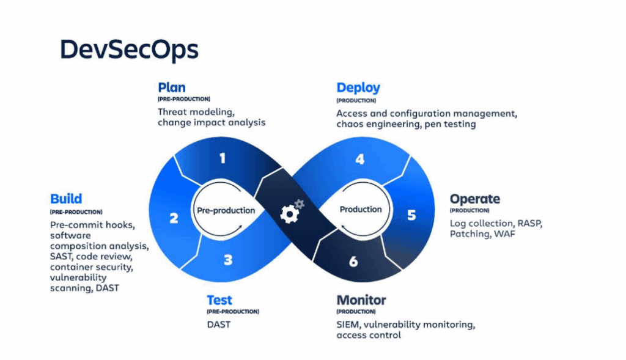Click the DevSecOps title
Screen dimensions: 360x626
click(129, 50)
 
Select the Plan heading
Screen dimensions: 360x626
click(171, 87)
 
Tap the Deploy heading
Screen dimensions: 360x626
click(358, 88)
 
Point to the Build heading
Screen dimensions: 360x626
click(66, 199)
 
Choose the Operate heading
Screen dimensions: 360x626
click(474, 199)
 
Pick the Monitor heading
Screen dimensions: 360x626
click(361, 300)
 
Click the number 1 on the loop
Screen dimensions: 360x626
click(223, 159)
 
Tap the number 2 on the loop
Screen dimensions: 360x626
click(174, 218)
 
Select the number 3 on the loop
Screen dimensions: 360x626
click(227, 260)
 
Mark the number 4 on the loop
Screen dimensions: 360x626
click(360, 160)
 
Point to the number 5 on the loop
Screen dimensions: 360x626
click(411, 215)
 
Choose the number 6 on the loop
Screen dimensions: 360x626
click(353, 262)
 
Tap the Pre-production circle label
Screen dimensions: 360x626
click(226, 210)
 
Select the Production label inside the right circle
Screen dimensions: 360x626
click(361, 210)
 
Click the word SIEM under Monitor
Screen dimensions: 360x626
click(347, 324)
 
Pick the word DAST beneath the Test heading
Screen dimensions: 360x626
click(219, 324)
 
